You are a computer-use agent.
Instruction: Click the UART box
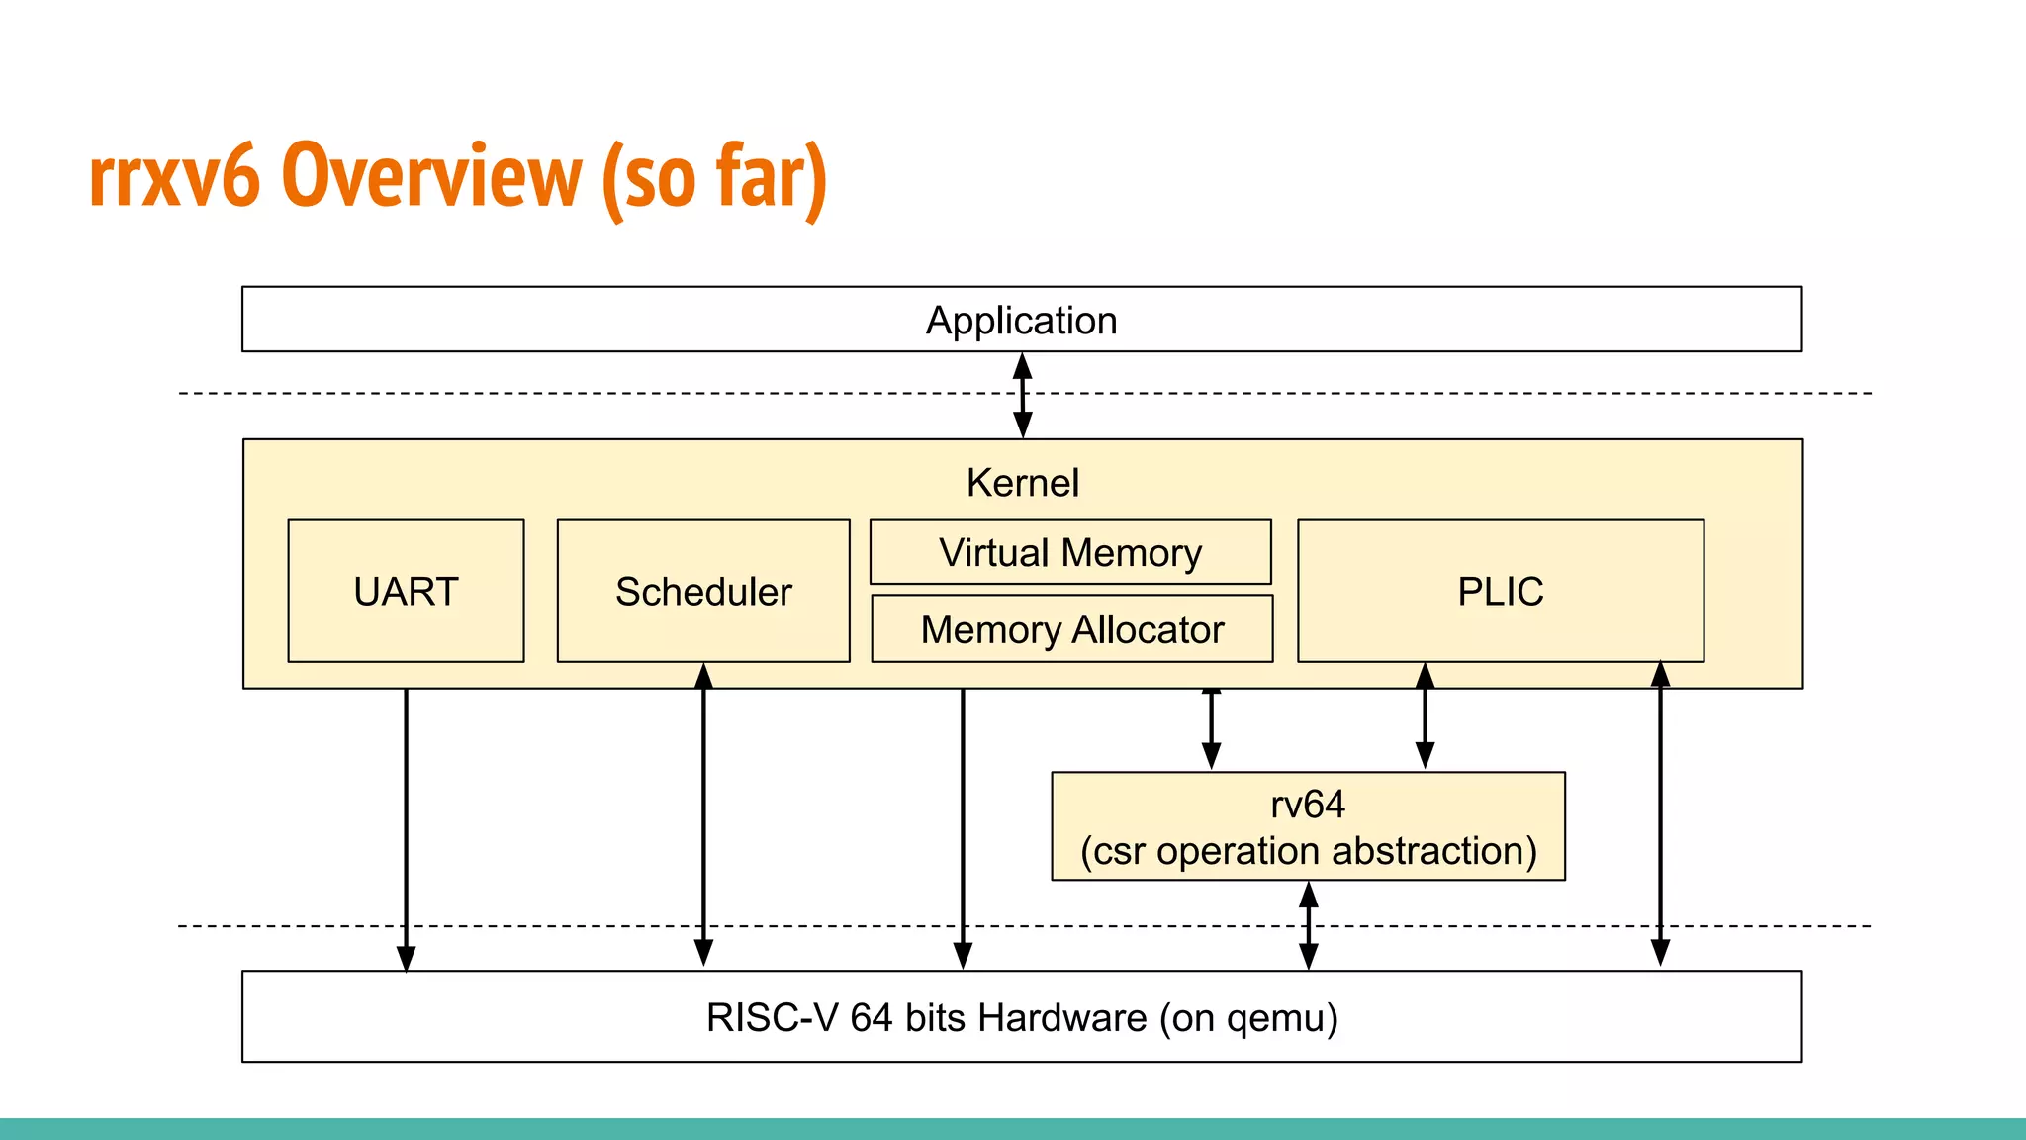pos(406,591)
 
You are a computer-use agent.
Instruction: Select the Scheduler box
pos(703,591)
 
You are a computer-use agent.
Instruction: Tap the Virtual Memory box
pos(1070,551)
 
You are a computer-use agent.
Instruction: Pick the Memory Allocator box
pos(1072,628)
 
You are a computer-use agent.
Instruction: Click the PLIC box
pos(1501,591)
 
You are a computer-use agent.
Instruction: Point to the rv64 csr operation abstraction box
pos(1308,826)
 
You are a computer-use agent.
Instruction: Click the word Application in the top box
pos(1022,321)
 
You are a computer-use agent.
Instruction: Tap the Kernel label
pos(1023,483)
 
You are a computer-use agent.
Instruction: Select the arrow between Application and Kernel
pos(1023,396)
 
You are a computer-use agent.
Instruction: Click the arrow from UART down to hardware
pos(406,829)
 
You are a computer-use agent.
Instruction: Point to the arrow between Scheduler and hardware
pos(703,814)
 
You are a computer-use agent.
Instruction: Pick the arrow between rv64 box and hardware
pos(1308,925)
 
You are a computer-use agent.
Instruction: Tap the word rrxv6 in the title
pos(174,178)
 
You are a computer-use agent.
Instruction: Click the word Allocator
pos(1149,629)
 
